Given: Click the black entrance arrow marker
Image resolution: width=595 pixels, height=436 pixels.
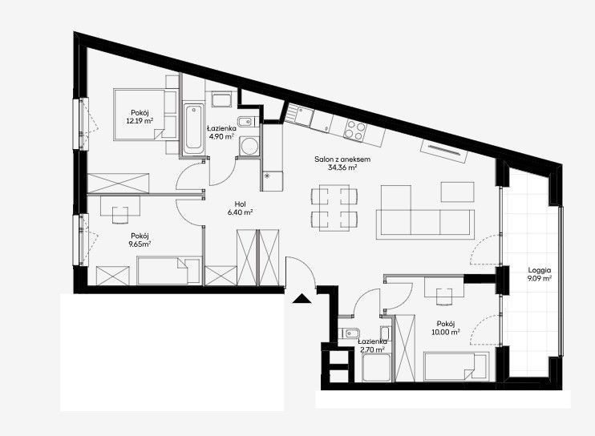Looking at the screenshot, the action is coord(302,299).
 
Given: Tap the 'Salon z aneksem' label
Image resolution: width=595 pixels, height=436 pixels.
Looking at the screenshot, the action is coord(342,159).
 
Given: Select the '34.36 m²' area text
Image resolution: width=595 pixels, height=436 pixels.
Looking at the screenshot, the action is coord(342,168).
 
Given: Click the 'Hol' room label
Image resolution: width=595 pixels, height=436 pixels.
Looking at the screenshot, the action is coord(241,204).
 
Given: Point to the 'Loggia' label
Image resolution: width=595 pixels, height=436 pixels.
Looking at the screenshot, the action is coord(539,271).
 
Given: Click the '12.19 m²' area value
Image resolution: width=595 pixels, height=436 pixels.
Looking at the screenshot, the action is coord(140,121).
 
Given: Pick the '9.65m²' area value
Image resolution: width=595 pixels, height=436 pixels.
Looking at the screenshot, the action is coord(140,244).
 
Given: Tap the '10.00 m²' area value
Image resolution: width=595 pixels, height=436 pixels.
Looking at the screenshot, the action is coord(446,332).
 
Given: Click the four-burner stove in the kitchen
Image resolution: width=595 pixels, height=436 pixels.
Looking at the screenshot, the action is coord(354,130).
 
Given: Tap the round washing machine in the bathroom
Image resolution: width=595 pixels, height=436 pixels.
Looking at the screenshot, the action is coord(249,146).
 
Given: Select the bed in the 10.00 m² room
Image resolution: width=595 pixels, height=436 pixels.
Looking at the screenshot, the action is coord(456,366).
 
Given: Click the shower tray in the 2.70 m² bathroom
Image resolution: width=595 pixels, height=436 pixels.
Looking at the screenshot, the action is coord(376,367).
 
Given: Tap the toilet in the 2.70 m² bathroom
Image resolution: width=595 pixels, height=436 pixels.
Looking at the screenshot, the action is coord(349,333).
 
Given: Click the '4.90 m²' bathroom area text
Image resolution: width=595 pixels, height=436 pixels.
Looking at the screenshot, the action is coord(221,137).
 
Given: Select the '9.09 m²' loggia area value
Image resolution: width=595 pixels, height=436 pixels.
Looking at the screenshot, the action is coord(539,279).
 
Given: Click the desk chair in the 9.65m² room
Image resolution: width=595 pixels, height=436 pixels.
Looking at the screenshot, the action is coord(120,215).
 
